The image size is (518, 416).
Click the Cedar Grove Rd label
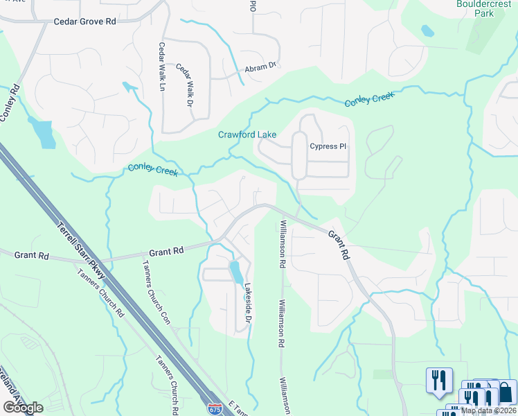84,22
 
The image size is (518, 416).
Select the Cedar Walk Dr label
184,86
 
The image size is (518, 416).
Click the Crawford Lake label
247,134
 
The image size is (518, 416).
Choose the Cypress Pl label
328,146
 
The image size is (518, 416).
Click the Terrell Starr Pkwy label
81,245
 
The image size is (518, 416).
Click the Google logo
23,408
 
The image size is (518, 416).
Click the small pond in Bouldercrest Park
428,31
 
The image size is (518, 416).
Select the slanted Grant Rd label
338,245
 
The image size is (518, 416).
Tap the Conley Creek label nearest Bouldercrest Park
369,100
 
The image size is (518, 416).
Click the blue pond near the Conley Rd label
44,133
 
